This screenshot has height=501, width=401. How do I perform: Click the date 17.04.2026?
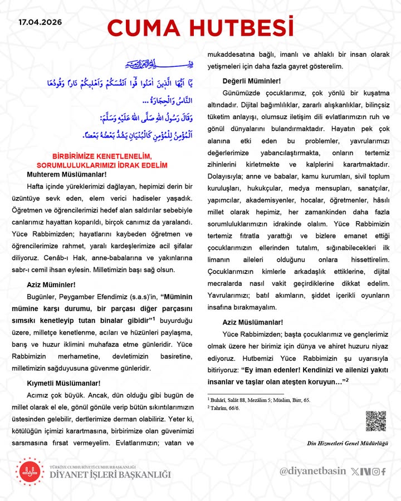point(40,23)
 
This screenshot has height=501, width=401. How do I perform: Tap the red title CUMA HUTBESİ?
point(200,27)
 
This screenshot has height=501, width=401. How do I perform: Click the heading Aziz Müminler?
point(47,284)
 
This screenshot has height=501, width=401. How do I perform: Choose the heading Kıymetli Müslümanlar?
point(64,382)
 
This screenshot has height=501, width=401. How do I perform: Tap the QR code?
point(375,421)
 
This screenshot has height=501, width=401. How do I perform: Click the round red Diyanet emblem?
point(28,471)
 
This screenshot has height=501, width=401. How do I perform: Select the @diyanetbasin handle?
point(312,471)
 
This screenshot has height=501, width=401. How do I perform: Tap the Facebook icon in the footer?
point(383,471)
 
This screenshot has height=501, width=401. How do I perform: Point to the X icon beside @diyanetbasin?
point(356,471)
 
